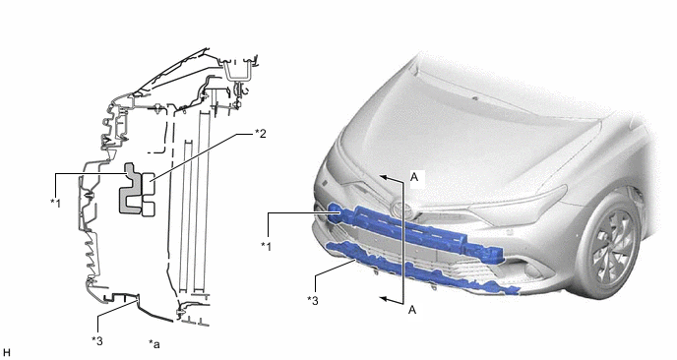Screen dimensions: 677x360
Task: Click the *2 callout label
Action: point(261,134)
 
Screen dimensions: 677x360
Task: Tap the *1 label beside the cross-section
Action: point(56,203)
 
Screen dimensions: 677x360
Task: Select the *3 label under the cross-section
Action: point(97,340)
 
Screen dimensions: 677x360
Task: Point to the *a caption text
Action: point(154,343)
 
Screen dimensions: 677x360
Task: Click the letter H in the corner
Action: point(6,353)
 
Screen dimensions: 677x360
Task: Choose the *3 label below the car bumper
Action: point(313,300)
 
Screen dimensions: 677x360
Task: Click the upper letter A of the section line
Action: point(414,177)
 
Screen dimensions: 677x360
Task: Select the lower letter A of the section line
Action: point(412,310)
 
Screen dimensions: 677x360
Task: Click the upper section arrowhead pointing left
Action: point(384,176)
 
